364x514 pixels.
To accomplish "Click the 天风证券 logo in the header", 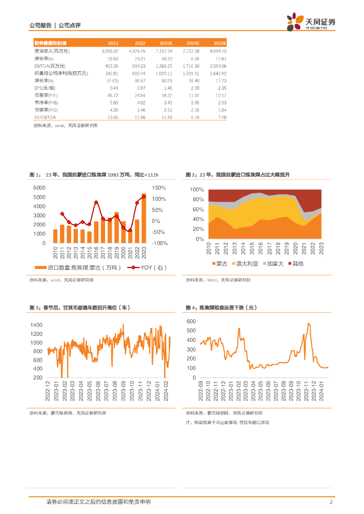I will pos(312,22).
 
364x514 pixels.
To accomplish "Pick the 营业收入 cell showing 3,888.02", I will pos(110,51).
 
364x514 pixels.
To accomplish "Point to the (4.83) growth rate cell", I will pos(112,80).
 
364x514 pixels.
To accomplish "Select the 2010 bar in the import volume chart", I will pos(55,236).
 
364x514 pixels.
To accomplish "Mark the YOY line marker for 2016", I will pos(96,202).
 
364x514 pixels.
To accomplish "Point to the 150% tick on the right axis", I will pos(159,188).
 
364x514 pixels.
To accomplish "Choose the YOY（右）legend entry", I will pos(147,268).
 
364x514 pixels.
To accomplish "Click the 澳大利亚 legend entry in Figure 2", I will pos(247,263).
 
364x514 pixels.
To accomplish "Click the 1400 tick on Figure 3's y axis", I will pos(36,325).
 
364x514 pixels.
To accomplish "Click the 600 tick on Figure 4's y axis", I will pos(191,321).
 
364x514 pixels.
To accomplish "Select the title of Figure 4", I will pos(221,307).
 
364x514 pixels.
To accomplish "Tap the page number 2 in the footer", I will pos(331,502).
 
